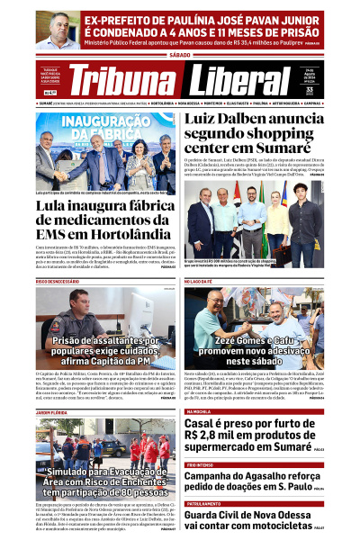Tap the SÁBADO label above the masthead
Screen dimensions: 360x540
click(179, 55)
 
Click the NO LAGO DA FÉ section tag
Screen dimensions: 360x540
click(202, 281)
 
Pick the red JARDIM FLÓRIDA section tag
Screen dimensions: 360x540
click(53, 412)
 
